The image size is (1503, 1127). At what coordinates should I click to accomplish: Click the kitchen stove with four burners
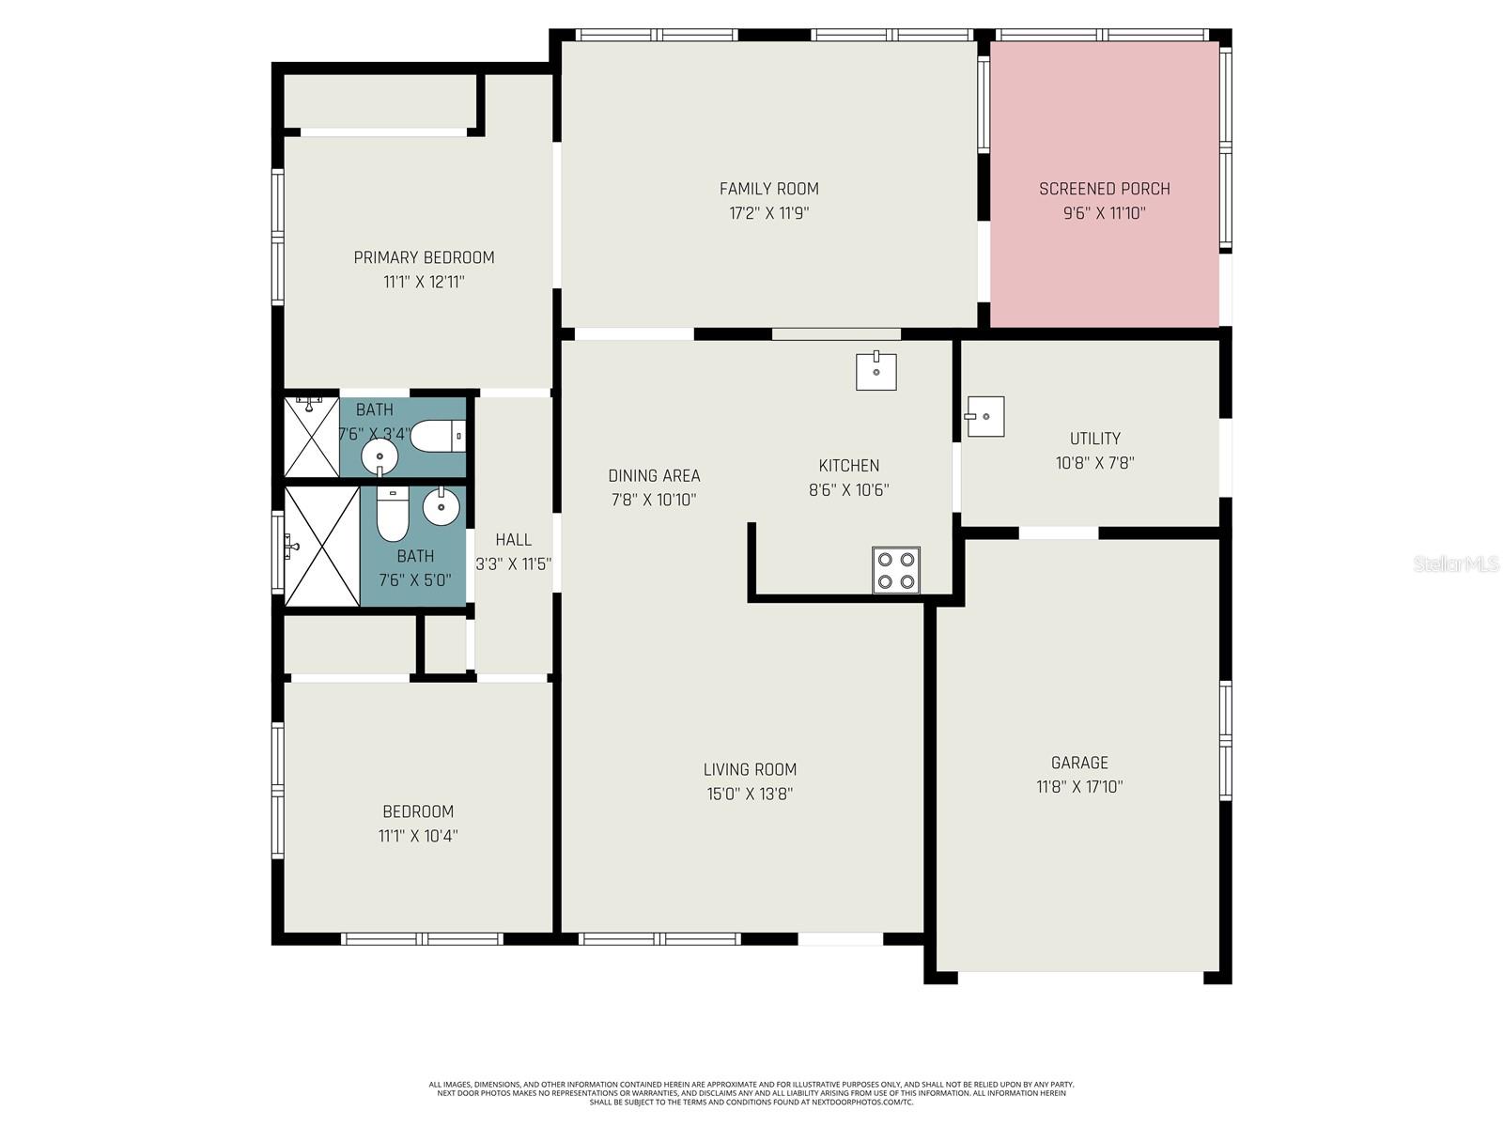pos(895,569)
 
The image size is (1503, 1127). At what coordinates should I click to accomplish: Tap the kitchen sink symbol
pos(875,372)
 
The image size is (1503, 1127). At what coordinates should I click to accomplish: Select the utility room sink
pos(984,416)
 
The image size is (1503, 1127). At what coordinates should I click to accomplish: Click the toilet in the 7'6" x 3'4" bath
pos(438,436)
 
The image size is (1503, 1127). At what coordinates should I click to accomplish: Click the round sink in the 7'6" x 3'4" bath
pos(380,458)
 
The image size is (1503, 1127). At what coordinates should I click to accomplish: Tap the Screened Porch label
pos(1104,189)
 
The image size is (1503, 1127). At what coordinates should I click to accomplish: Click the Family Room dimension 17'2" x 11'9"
pos(768,213)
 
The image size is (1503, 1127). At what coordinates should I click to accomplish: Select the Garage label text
pos(1079,763)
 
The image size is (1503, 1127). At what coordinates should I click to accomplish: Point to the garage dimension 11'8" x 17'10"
pos(1079,787)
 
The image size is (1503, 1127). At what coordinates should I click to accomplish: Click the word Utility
pos(1094,439)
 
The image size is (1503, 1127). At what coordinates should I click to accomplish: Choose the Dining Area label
pos(654,476)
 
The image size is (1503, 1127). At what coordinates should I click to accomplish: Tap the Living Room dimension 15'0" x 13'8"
pos(750,794)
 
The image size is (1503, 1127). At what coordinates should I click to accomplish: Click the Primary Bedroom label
pos(424,257)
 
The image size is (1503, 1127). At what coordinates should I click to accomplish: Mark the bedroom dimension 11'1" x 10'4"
pos(418,836)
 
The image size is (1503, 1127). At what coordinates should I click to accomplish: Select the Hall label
pos(513,540)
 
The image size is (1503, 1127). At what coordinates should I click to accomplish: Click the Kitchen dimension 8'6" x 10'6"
pos(848,490)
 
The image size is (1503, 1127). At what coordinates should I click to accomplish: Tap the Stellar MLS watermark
pos(1455,563)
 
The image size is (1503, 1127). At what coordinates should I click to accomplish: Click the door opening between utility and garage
pos(1059,533)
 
